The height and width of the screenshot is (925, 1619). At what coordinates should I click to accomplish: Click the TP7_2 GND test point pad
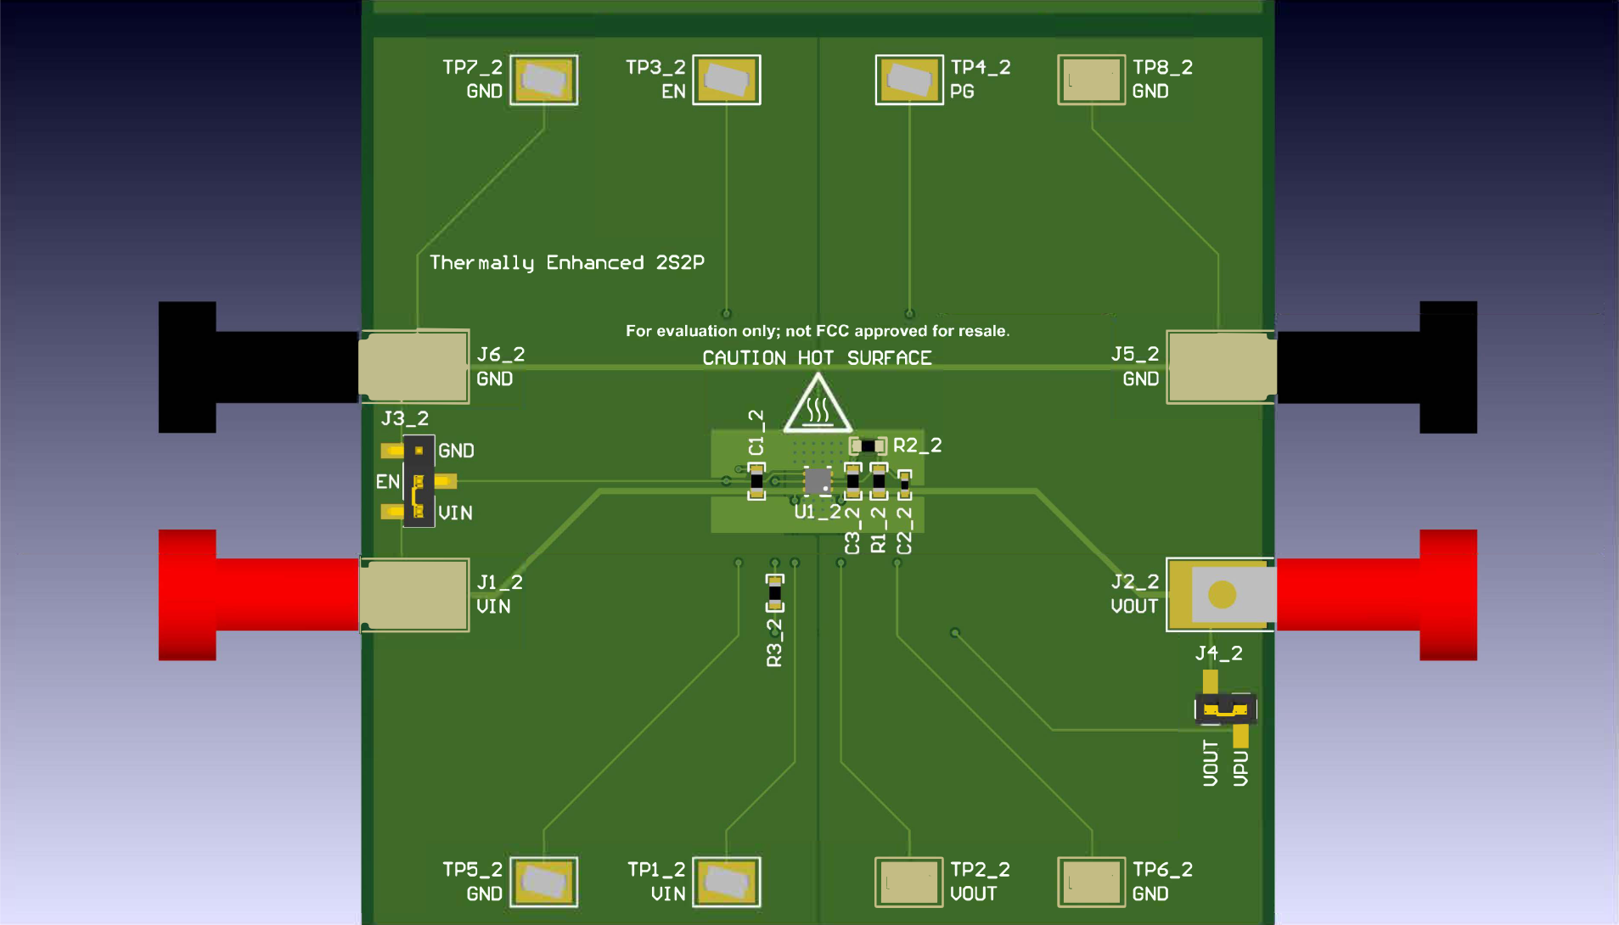point(543,80)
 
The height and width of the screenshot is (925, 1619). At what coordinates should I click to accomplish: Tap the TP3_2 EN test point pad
point(726,80)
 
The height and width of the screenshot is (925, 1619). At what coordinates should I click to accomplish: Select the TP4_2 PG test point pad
point(908,80)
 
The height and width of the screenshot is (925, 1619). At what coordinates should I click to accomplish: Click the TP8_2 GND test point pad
point(1091,80)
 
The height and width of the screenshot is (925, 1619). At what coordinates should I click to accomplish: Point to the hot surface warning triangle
point(817,406)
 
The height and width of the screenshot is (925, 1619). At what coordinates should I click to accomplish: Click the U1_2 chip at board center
point(818,481)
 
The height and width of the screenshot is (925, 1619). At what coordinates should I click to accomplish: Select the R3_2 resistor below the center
point(774,593)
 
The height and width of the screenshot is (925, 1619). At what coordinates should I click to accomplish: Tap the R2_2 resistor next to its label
point(868,446)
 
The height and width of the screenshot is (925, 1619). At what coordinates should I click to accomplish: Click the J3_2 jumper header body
point(419,481)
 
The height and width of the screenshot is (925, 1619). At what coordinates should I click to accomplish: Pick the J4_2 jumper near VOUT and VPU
point(1225,709)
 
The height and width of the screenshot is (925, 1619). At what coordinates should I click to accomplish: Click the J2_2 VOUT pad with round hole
point(1221,594)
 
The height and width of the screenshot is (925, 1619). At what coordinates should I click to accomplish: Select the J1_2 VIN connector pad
point(414,594)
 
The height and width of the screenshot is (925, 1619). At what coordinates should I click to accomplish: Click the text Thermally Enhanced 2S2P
point(566,262)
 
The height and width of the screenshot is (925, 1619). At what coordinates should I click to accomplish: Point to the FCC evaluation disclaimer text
point(817,331)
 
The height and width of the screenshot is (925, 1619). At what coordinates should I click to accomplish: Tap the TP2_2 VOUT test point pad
point(908,882)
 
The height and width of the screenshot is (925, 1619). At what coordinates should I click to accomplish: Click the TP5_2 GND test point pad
point(543,882)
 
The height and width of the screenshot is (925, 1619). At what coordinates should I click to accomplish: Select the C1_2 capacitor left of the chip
point(756,481)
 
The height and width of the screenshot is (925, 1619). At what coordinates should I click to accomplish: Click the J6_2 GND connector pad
point(414,366)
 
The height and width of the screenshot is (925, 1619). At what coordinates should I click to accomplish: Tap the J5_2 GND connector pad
point(1221,366)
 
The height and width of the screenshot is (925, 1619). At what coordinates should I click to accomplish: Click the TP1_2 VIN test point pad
point(726,882)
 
